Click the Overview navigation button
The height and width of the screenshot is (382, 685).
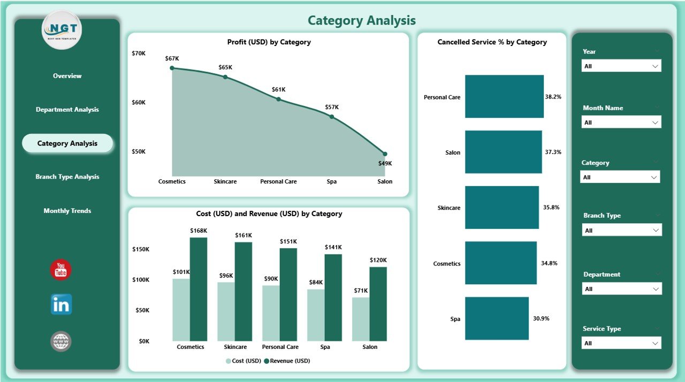[67, 76]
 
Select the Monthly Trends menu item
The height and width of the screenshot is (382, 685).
[67, 211]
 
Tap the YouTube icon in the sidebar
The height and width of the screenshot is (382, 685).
[60, 270]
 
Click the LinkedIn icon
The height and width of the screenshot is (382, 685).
[61, 304]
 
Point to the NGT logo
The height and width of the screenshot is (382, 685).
[62, 30]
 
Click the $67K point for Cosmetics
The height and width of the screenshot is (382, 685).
[172, 68]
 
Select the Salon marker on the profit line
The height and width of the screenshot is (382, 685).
[385, 154]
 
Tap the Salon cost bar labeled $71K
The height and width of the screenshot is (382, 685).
[361, 319]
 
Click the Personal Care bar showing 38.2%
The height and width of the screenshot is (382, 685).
[504, 96]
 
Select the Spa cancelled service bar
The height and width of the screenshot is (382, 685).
[496, 318]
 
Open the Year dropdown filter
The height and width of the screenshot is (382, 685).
[621, 66]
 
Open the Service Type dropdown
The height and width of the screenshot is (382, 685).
[621, 343]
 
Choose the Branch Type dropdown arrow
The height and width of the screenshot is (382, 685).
[655, 230]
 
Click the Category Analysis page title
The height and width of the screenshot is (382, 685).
[362, 21]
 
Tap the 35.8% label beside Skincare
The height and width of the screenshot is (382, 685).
[552, 208]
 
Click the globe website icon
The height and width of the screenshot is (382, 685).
[61, 341]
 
